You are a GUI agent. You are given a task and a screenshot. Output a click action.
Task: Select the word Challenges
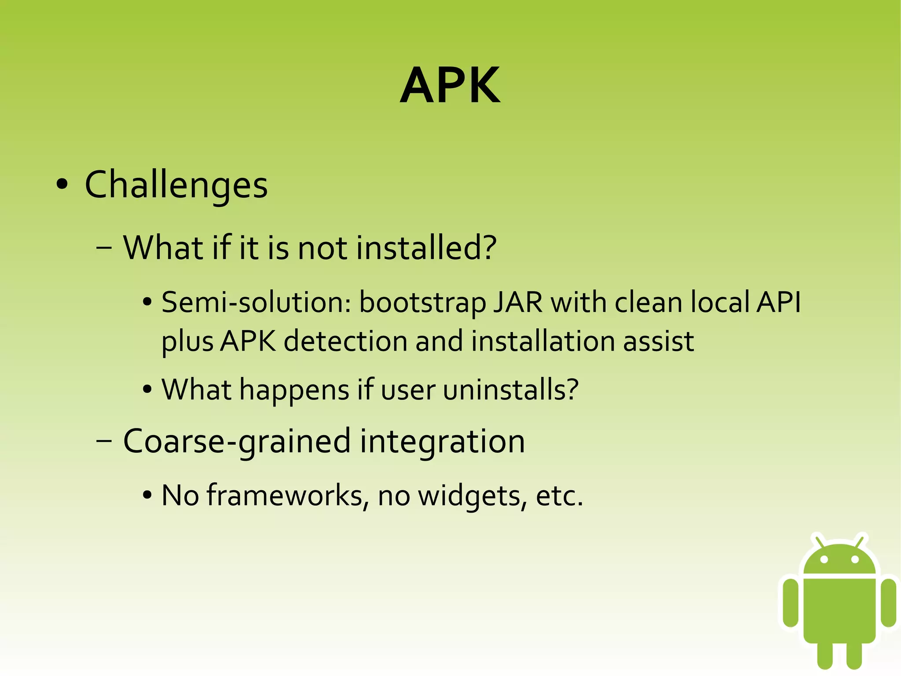pyautogui.click(x=176, y=185)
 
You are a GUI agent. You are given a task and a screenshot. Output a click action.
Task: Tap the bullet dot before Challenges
pyautogui.click(x=62, y=185)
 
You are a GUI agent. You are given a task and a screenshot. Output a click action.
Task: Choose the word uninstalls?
pyautogui.click(x=510, y=390)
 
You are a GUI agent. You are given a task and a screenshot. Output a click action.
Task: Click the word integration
pyautogui.click(x=442, y=442)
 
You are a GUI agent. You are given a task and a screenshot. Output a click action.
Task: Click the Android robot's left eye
pyautogui.click(x=824, y=560)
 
